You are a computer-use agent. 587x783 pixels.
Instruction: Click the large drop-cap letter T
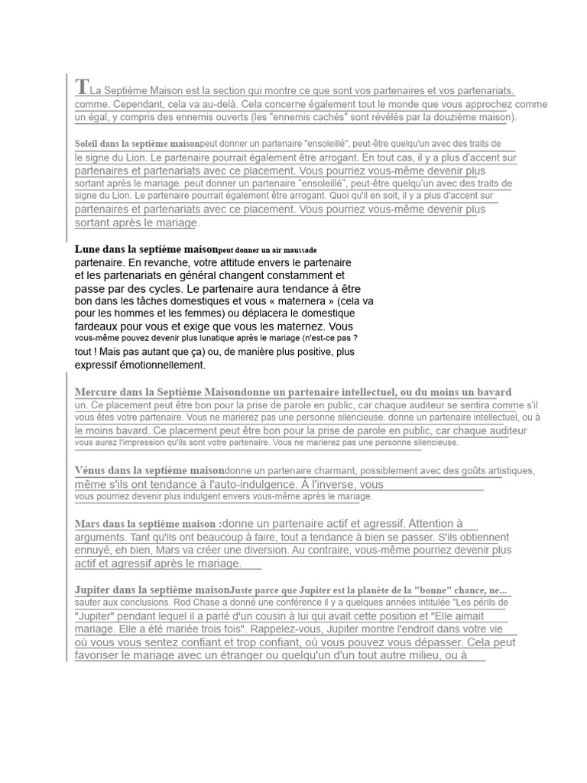(83, 86)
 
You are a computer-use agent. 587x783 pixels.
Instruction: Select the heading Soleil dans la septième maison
(137, 144)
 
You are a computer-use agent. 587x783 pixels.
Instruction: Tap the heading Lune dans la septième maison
(146, 249)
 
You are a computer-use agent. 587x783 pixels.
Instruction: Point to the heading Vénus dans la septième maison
(150, 470)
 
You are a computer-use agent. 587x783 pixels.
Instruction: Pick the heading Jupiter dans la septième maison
(152, 590)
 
